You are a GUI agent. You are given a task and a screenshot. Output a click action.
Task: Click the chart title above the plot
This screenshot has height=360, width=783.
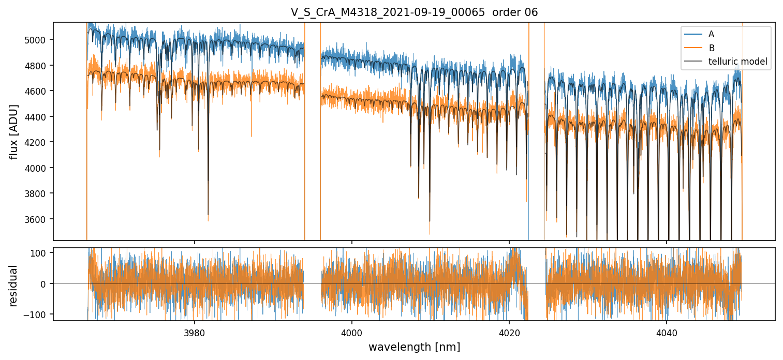coord(414,12)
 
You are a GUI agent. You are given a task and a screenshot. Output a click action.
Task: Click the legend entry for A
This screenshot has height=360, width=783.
coord(711,34)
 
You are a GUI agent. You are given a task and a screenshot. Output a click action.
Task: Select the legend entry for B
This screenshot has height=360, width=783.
coord(711,48)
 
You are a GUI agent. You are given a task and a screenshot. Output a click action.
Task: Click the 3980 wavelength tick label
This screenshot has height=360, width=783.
coord(195,331)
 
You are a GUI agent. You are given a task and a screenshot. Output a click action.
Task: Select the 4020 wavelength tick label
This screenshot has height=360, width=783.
coord(509,331)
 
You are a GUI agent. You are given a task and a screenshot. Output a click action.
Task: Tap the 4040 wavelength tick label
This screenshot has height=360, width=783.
coord(667,331)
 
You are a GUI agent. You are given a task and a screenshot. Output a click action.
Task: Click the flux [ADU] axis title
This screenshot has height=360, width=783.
coord(14,131)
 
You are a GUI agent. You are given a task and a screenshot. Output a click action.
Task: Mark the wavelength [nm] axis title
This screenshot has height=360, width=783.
coord(414,347)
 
